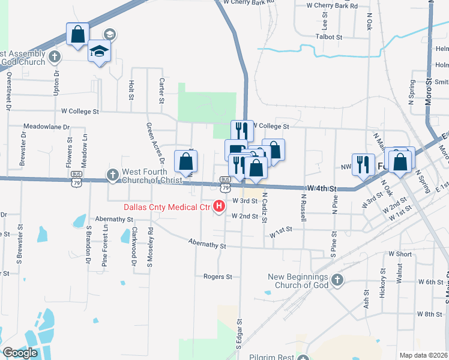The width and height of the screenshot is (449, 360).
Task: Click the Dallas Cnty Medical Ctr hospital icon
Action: tap(219, 208)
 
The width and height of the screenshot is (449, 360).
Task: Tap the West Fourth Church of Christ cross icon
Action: tap(112, 175)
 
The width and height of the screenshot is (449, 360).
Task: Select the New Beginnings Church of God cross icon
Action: tap(337, 280)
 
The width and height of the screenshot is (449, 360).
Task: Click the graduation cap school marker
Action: tap(100, 52)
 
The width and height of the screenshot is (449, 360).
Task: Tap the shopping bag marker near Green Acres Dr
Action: tap(186, 161)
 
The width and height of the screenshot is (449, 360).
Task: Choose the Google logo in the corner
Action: tap(20, 353)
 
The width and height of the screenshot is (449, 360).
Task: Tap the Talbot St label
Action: tap(329, 37)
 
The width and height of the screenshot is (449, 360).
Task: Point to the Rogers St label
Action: tap(217, 277)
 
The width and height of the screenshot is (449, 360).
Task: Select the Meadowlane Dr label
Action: tap(47, 127)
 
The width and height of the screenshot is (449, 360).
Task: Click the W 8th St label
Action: tap(429, 314)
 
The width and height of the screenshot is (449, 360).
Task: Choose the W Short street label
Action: tap(400, 254)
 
